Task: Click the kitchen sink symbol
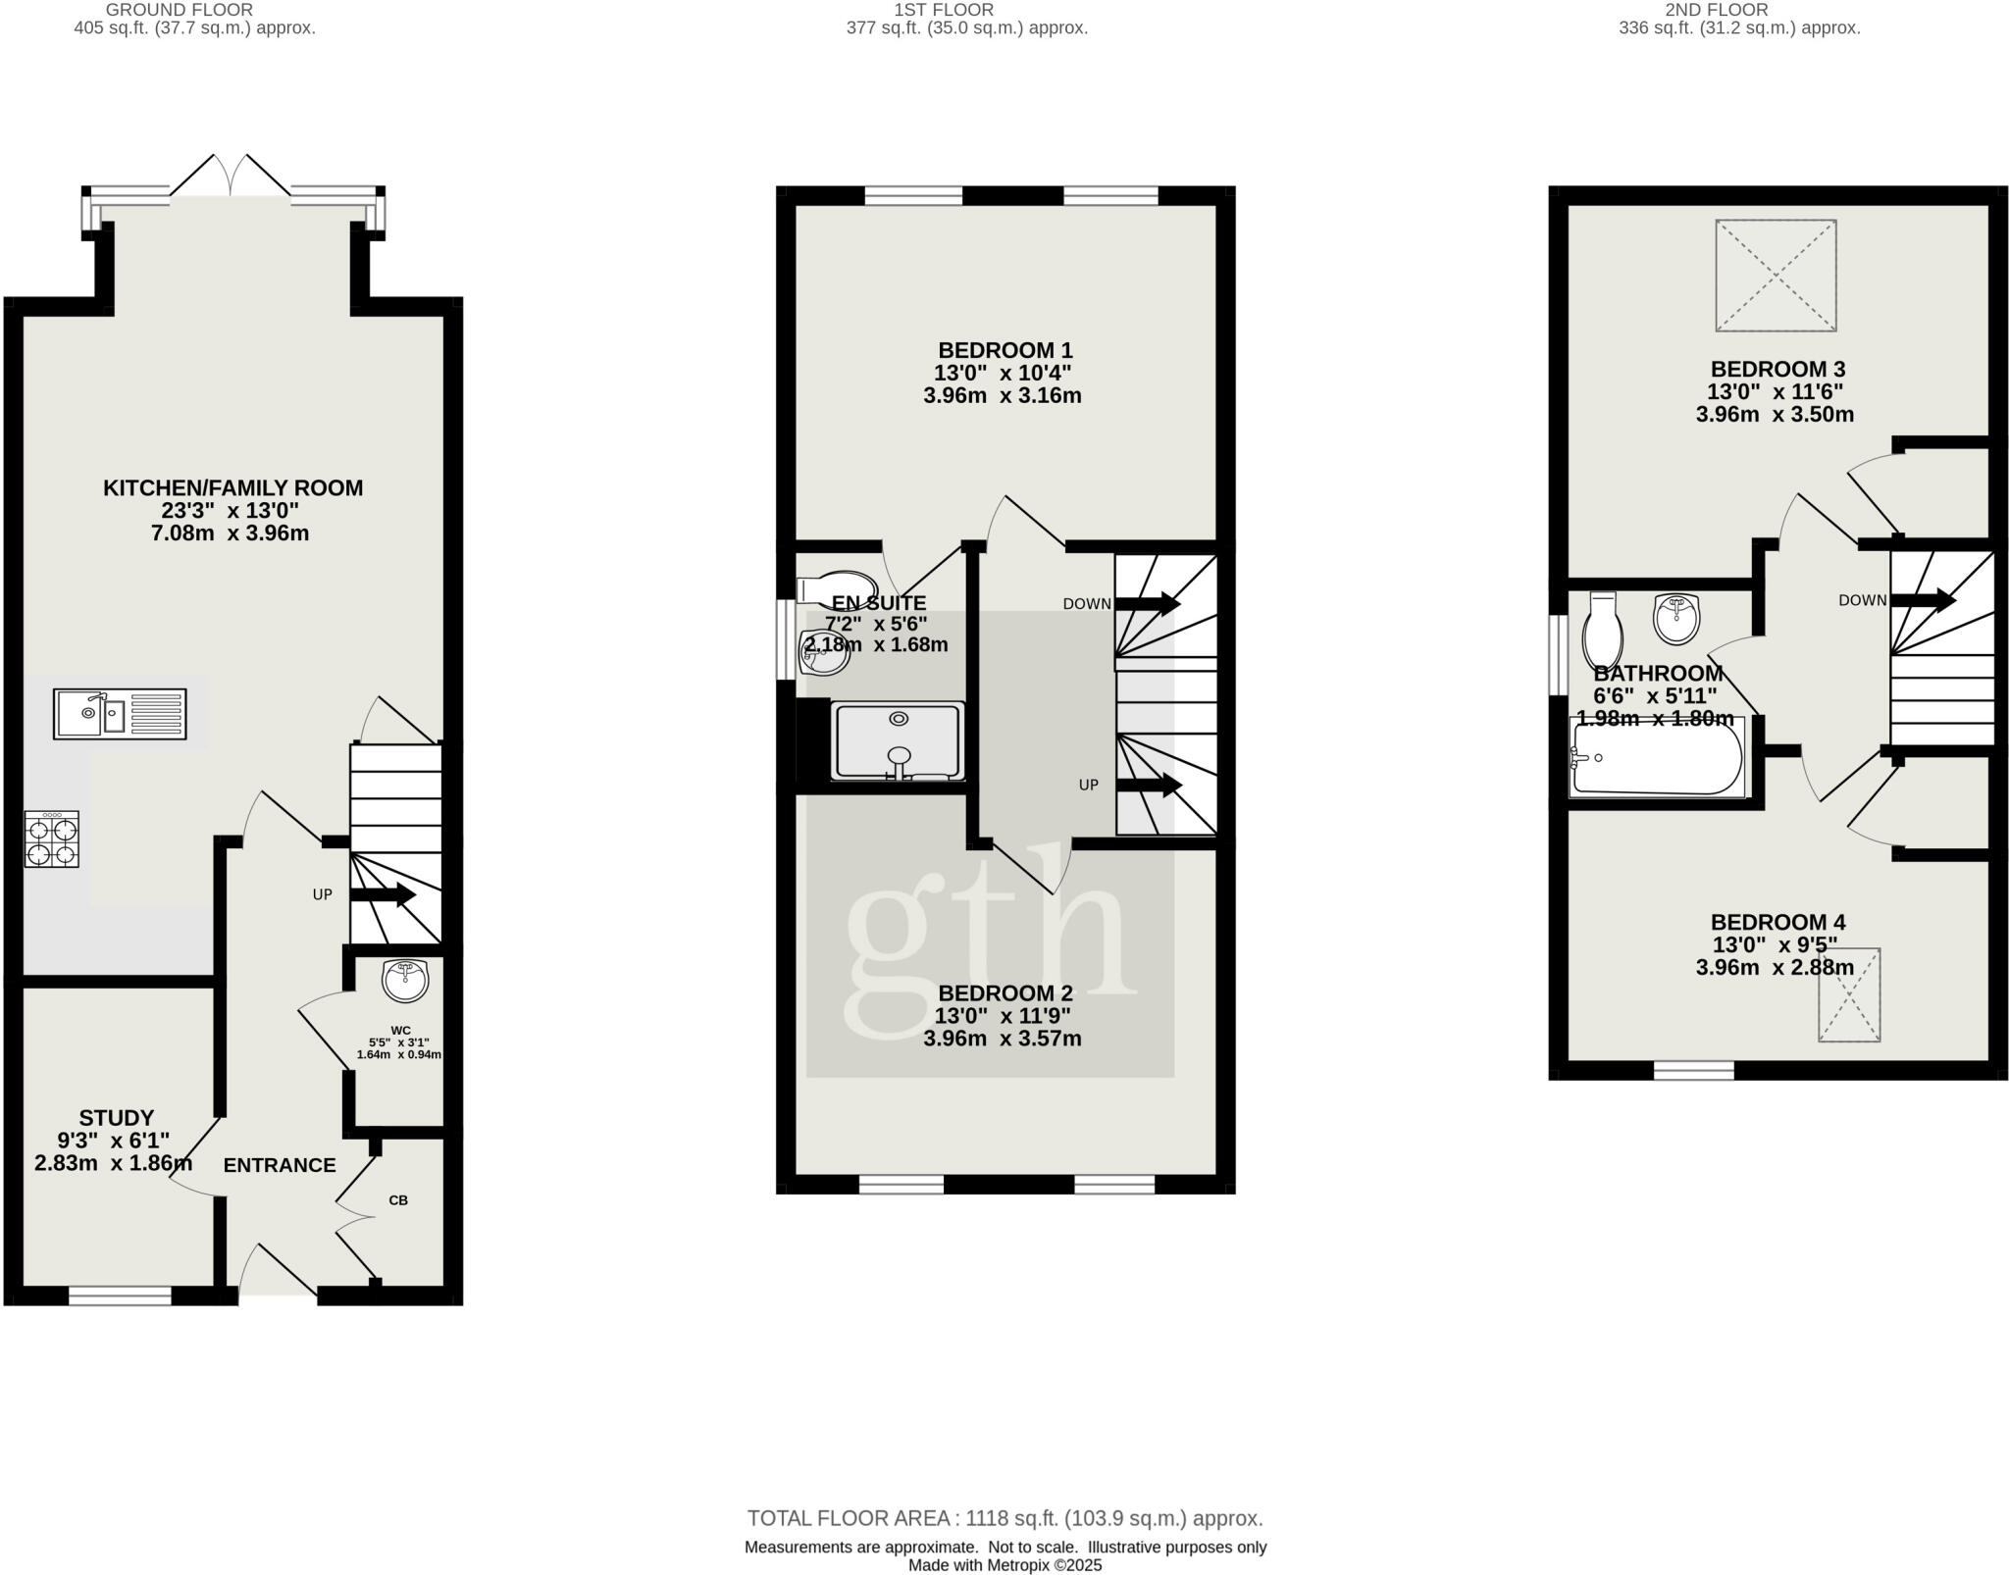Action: point(119,713)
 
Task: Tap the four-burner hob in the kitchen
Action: point(52,839)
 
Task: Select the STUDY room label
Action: point(117,1118)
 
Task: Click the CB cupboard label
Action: point(398,1199)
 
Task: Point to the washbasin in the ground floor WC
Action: point(405,980)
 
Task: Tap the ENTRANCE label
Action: point(280,1165)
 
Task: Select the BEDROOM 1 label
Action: point(1004,350)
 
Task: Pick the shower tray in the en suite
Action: point(898,741)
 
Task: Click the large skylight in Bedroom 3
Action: point(1776,276)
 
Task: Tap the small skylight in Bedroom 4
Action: point(1849,993)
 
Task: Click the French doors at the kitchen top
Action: point(232,180)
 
